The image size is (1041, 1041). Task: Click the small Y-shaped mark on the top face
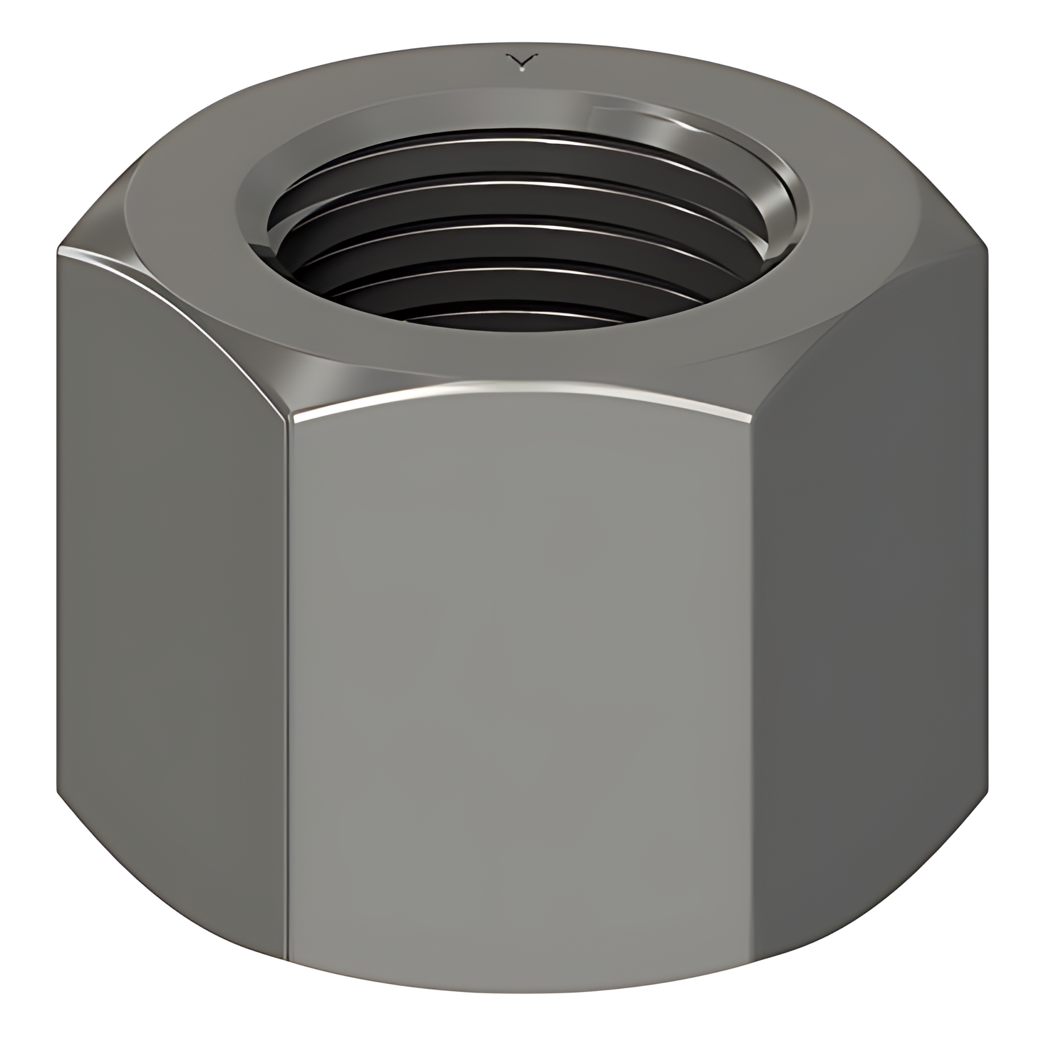[521, 61]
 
